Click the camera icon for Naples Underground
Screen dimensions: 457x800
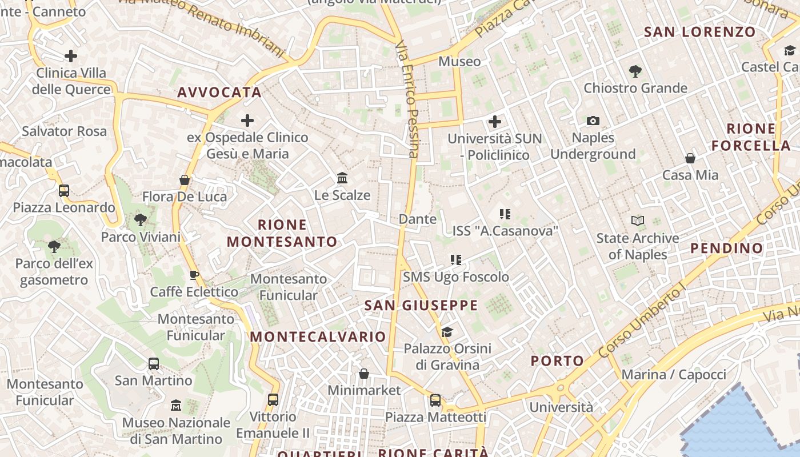[x=593, y=121]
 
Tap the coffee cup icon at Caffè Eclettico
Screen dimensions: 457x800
[x=194, y=275]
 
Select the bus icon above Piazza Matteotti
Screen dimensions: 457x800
[x=435, y=400]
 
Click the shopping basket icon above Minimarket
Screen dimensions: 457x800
[x=364, y=374]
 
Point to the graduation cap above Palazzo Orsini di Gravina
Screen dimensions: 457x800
[x=447, y=332]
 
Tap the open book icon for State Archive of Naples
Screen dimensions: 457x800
[x=637, y=221]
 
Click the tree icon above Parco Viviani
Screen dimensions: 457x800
[x=140, y=219]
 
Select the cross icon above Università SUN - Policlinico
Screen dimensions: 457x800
[x=495, y=122]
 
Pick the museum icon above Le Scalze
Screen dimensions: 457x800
[x=342, y=178]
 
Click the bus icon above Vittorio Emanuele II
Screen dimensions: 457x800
[x=273, y=400]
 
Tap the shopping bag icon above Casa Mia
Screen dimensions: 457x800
[x=690, y=158]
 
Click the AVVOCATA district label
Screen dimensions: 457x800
[x=219, y=93]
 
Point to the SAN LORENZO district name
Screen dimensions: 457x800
[x=700, y=32]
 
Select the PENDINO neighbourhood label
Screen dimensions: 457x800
[x=727, y=248]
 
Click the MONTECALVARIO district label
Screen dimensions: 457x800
[x=318, y=336]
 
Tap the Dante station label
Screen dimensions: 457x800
[x=418, y=219]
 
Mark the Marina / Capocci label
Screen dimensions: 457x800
[x=674, y=375]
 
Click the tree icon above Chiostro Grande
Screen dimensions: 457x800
[x=635, y=71]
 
